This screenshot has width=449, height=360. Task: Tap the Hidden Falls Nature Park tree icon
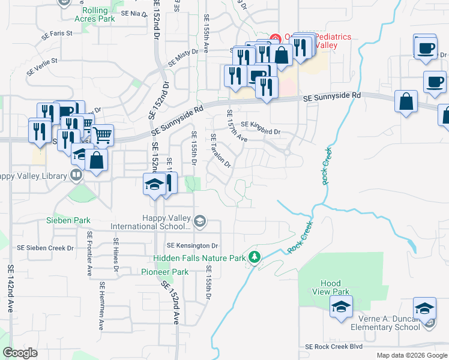(255, 257)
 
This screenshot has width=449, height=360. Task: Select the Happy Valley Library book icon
(76, 175)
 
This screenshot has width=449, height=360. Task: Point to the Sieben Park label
(68, 221)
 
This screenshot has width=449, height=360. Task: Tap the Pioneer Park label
(164, 272)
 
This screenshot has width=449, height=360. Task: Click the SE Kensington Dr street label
(192, 246)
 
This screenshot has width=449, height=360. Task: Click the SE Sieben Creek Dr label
(45, 247)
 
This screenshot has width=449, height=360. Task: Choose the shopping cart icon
(103, 135)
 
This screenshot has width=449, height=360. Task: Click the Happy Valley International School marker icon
(200, 222)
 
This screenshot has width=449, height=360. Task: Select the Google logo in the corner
(20, 353)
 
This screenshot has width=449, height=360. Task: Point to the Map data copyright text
(412, 355)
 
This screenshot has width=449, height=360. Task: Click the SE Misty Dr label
(182, 58)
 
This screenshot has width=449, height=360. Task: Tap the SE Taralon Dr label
(220, 151)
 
